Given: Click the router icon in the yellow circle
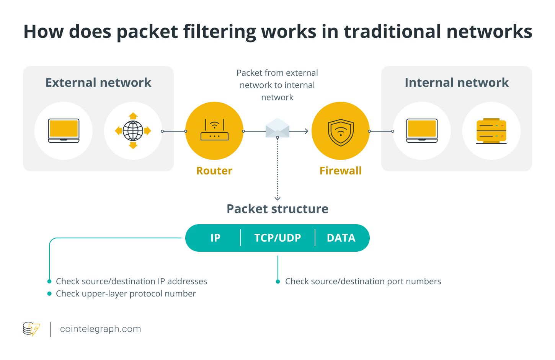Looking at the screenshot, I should (214, 130).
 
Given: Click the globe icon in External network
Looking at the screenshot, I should (133, 131).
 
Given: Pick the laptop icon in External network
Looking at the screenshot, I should (64, 130).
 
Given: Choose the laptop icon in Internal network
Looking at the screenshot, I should (422, 130).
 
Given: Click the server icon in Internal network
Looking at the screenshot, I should (491, 131).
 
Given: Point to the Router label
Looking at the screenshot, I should (214, 171).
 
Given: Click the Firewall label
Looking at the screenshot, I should (341, 171).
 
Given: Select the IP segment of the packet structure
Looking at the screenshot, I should (215, 238).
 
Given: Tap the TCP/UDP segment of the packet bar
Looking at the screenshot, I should (277, 238).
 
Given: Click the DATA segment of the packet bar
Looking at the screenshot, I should (341, 238).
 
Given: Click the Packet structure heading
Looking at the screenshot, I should (277, 209).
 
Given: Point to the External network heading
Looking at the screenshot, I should (98, 83).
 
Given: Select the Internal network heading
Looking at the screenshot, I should (457, 83).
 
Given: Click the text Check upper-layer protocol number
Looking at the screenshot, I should (126, 294).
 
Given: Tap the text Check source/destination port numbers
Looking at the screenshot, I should (363, 282).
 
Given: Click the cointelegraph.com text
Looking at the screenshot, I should (101, 329).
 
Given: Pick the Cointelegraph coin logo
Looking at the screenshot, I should (31, 329).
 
